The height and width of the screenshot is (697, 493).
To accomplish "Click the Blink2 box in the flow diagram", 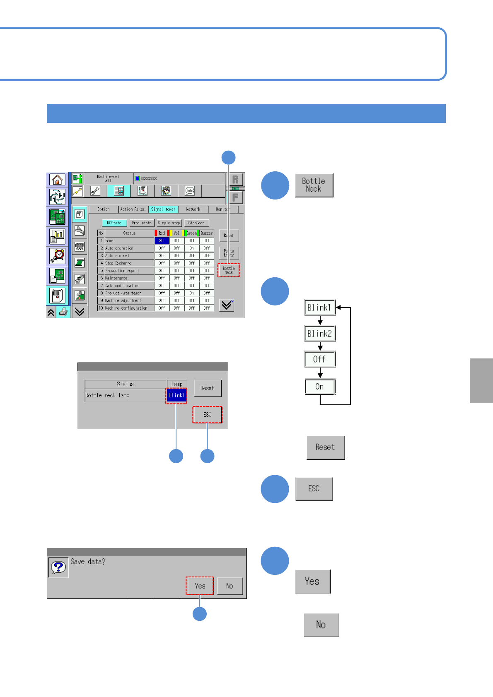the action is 320,334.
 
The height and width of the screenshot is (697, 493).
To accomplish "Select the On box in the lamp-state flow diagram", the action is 320,387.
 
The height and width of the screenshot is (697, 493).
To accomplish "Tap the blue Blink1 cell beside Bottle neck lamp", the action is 176,395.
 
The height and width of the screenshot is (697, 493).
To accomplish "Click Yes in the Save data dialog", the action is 200,586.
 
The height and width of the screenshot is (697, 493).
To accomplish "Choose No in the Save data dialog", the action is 230,586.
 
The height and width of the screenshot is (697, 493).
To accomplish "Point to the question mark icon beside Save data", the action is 58,567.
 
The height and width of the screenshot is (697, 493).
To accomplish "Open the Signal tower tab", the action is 163,209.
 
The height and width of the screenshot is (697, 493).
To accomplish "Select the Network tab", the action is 193,209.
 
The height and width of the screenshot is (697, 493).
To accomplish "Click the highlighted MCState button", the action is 114,223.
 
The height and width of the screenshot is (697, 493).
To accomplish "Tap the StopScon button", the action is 196,223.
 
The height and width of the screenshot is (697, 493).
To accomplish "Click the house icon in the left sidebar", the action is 57,180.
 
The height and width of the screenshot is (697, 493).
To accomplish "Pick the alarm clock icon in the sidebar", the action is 57,256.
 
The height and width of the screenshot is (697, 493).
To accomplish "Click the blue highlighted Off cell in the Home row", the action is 162,240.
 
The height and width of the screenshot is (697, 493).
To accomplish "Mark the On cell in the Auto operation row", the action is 191,248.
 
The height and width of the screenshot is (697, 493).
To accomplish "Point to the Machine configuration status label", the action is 126,308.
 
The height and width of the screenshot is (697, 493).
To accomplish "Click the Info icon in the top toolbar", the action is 190,191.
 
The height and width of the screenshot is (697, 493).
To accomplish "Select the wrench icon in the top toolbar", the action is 95,191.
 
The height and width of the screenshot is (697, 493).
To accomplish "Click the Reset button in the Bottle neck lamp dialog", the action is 208,388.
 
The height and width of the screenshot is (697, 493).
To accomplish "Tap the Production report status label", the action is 122,271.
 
